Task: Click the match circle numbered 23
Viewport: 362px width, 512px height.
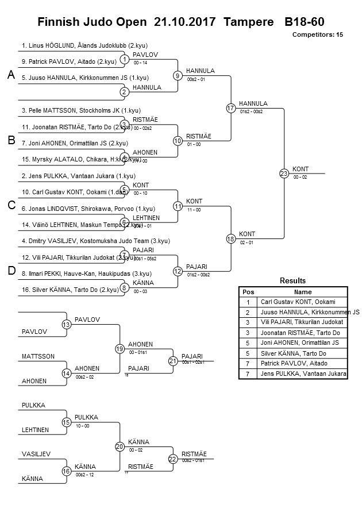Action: point(283,173)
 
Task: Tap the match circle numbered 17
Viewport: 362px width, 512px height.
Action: point(231,107)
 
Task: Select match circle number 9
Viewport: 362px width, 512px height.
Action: point(178,75)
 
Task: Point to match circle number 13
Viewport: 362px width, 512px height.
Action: point(67,325)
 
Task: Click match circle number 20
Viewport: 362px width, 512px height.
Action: point(120,446)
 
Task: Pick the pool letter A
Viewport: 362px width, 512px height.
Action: point(10,75)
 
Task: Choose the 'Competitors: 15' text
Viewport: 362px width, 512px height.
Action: point(317,35)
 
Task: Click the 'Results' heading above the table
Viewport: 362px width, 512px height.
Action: point(292,281)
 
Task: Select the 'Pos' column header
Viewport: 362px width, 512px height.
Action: point(248,292)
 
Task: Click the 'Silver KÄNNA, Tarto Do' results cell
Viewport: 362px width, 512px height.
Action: point(293,353)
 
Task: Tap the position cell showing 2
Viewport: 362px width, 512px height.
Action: point(248,312)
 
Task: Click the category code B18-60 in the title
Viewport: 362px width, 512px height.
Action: point(304,22)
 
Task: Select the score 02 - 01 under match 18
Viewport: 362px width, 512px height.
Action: point(247,242)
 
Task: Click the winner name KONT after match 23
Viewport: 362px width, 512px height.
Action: point(301,169)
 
